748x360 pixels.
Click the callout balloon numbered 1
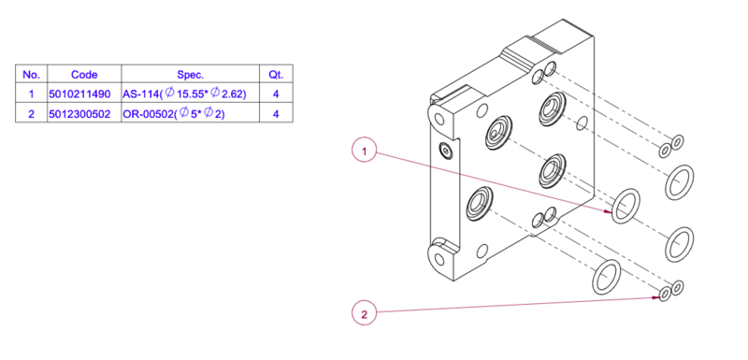tap(365, 151)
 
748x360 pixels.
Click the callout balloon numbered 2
tap(365, 314)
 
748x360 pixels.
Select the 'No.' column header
tap(32, 75)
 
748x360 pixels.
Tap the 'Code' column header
tap(84, 75)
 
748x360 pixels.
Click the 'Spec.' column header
tap(191, 75)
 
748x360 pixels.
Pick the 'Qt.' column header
tap(276, 75)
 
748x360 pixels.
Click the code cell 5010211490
tap(79, 94)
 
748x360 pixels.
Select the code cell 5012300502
tap(79, 114)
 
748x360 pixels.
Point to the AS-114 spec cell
tap(184, 94)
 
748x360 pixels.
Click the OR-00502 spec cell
tap(174, 114)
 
